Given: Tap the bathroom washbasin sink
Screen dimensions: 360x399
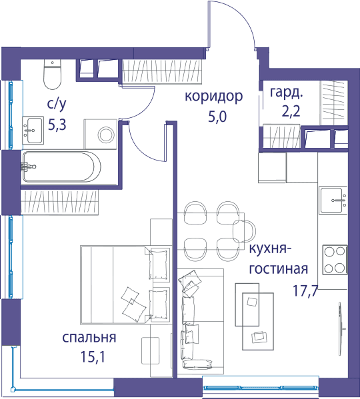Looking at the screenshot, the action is (33, 131).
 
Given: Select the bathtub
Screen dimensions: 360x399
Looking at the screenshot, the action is (61, 167).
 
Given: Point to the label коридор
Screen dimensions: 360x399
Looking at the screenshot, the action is (213, 96).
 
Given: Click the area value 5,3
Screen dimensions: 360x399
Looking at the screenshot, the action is (57, 125).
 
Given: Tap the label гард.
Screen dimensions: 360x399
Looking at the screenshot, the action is (287, 93).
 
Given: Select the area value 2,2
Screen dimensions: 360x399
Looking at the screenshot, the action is (291, 111).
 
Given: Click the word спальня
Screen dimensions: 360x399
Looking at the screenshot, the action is (89, 338).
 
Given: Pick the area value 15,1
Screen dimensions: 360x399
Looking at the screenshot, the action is (93, 356).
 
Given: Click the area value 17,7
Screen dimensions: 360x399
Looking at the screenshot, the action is (305, 290).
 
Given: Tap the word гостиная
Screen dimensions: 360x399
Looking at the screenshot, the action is (278, 268).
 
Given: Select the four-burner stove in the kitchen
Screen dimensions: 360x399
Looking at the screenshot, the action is (335, 260).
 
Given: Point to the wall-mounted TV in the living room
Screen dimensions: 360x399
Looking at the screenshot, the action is (340, 328).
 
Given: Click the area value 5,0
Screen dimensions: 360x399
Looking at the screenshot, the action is (217, 117).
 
